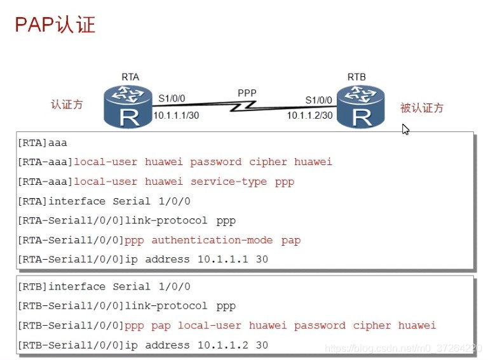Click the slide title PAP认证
coord(55,24)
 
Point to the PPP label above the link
coord(247,93)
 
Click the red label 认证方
coord(67,104)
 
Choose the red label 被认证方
coord(422,108)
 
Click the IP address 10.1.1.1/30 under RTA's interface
coord(176,115)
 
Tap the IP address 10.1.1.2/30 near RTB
coord(309,115)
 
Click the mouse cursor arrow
coord(405,129)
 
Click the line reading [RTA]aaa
coord(42,142)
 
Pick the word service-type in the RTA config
coord(229,182)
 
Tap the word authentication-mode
coord(212,240)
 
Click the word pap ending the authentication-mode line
coord(291,240)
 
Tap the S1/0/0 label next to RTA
coord(172,98)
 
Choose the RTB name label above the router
coord(356,77)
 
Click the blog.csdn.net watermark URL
coord(403,349)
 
